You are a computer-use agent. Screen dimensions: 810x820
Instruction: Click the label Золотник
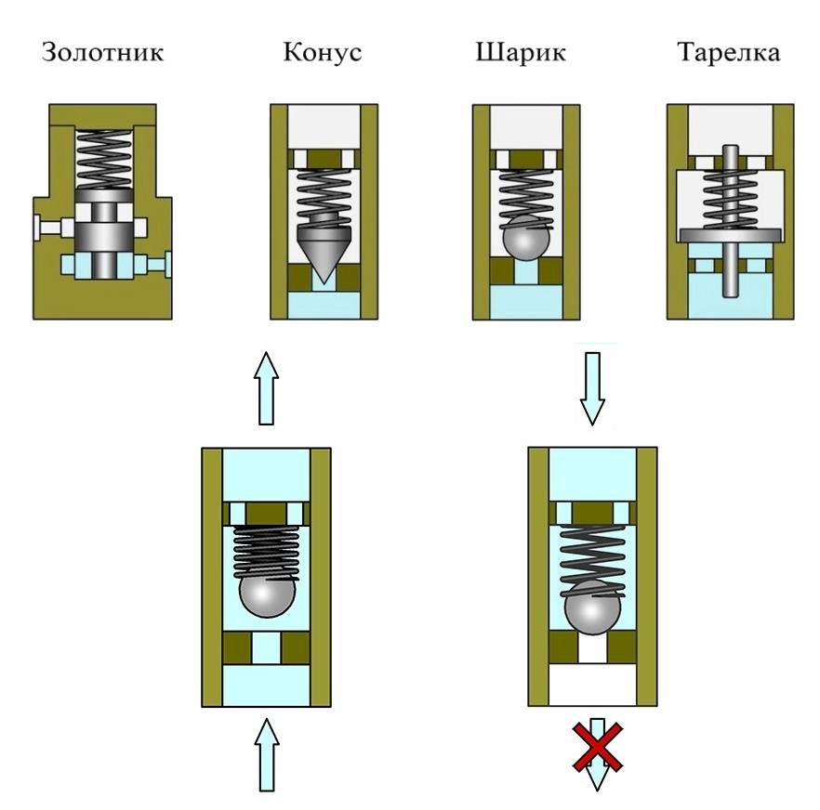[102, 52]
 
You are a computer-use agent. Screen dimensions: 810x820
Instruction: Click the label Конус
[322, 52]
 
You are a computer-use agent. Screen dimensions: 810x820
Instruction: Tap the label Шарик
[520, 52]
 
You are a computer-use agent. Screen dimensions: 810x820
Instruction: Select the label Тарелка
[728, 52]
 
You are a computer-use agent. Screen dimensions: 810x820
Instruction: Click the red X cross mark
[597, 750]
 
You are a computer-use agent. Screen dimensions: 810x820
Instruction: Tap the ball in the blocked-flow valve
[592, 609]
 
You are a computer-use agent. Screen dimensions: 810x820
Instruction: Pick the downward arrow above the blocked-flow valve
[592, 385]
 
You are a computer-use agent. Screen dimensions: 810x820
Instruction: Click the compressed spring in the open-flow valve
[266, 550]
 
